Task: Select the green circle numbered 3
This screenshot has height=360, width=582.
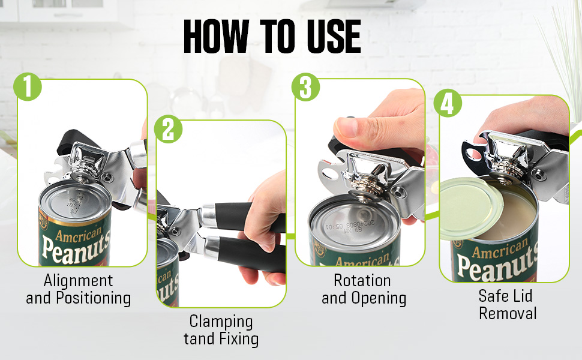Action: (x=305, y=87)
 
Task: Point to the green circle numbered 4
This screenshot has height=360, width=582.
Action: (x=448, y=104)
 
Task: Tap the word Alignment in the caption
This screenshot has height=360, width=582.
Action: (x=78, y=280)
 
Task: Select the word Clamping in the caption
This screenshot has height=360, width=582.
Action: (x=221, y=321)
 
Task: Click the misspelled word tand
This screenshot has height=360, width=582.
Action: (x=199, y=339)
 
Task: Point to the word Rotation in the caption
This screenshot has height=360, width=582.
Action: (x=362, y=280)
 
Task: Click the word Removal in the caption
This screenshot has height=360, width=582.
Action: (x=507, y=313)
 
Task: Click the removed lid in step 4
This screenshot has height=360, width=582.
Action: (x=471, y=206)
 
